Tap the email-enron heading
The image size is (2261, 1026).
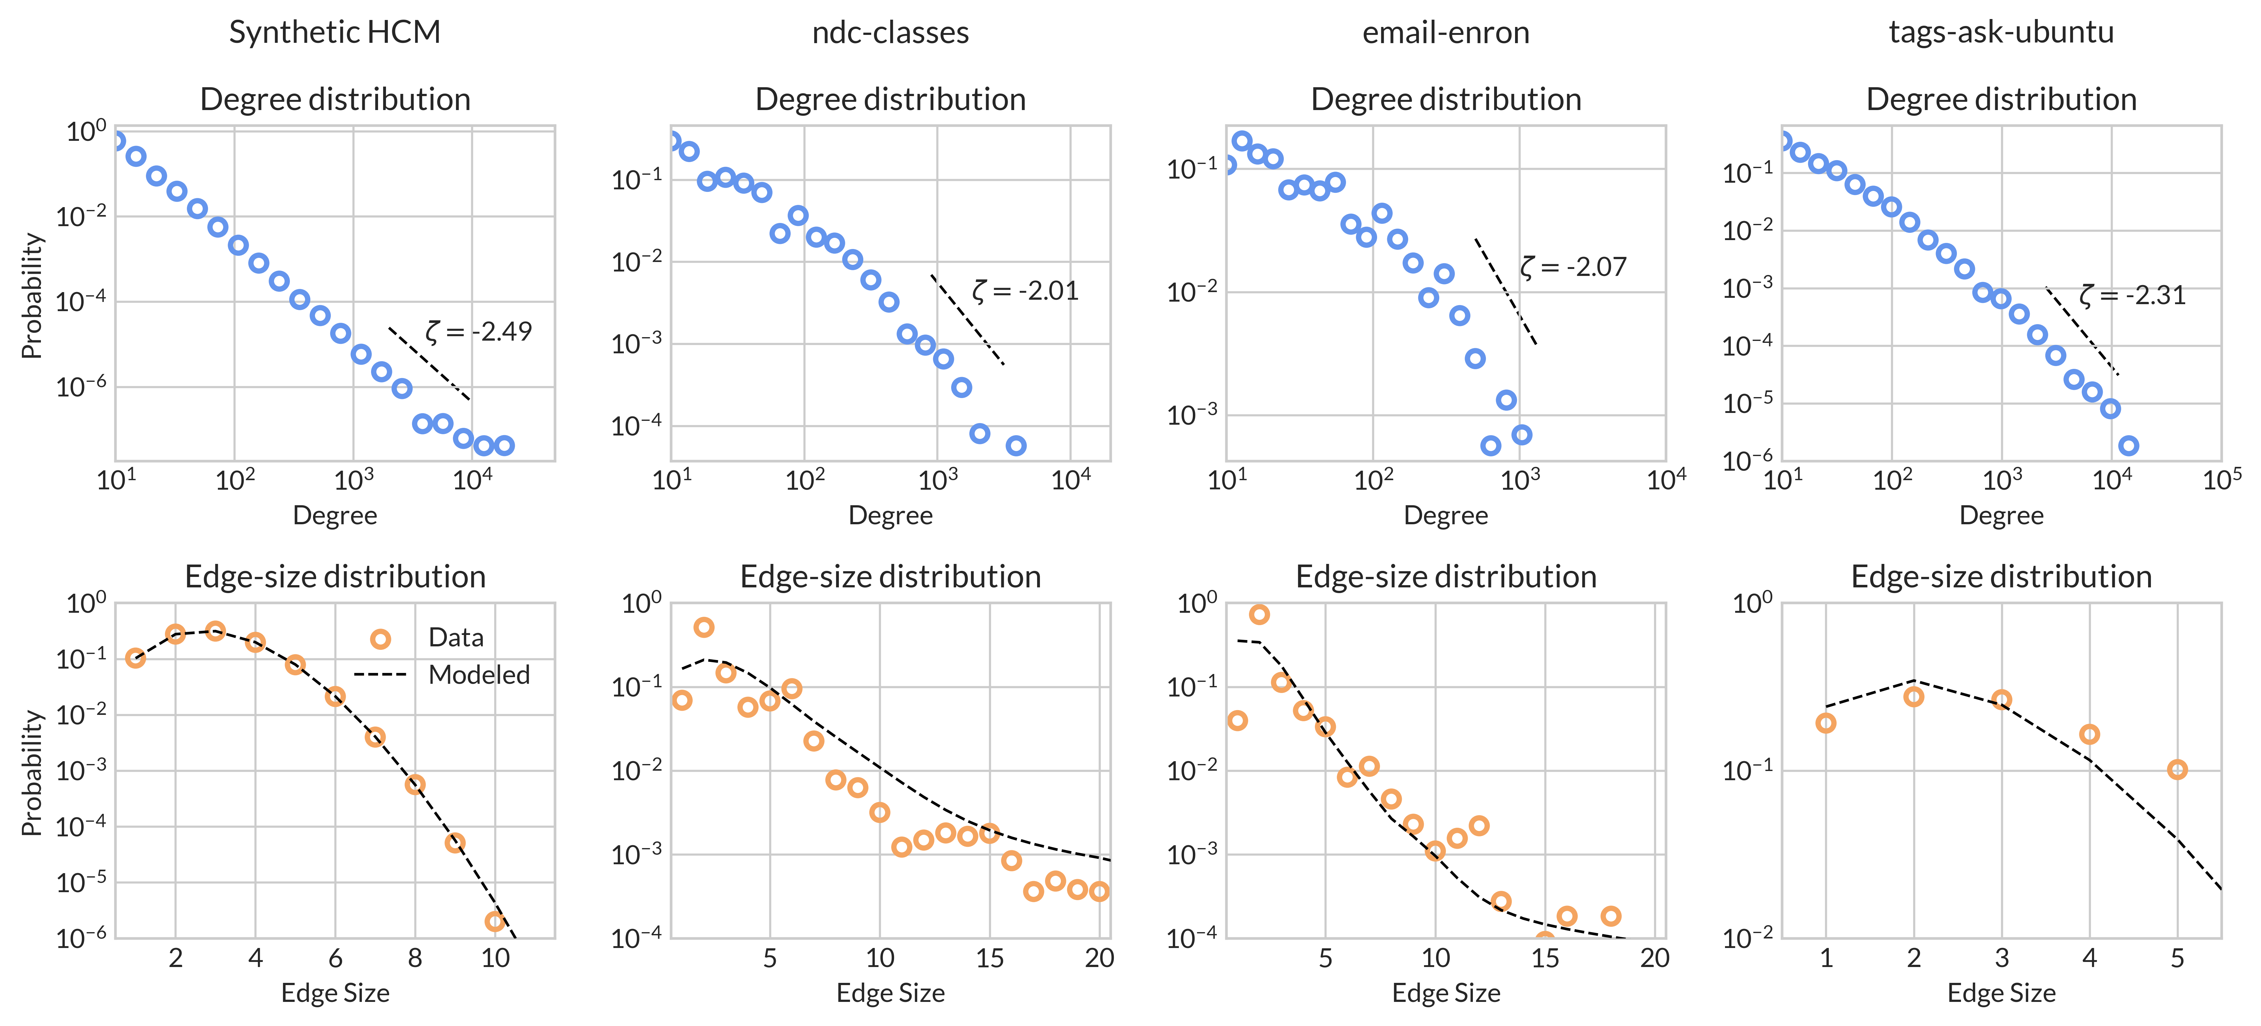pos(1446,32)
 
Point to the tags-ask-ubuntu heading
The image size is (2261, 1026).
pos(2001,32)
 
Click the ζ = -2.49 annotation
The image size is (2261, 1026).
pos(478,332)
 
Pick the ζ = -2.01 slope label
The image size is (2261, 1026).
pos(1025,291)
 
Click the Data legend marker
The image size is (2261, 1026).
pos(380,638)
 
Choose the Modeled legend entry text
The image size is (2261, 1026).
pos(479,675)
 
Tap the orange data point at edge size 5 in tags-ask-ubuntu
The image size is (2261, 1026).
pos(2177,770)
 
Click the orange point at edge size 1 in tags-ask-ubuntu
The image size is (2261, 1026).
pos(1826,723)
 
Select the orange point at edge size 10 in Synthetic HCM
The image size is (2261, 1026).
pos(495,922)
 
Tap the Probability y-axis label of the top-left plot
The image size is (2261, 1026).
pos(32,296)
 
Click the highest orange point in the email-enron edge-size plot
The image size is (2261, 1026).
pos(1259,614)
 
